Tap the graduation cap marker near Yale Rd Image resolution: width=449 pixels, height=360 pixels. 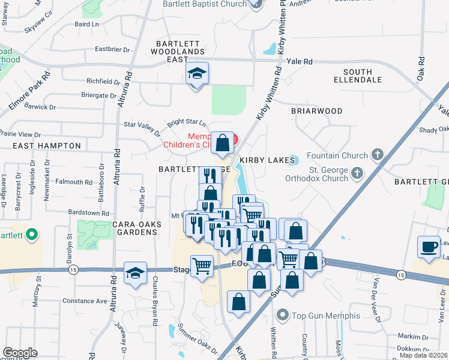click(197, 74)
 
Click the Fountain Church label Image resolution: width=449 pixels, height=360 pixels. click(342, 155)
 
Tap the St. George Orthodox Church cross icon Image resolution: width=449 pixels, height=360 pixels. click(357, 173)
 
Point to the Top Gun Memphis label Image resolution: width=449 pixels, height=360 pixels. click(325, 316)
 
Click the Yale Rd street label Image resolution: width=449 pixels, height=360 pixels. click(300, 61)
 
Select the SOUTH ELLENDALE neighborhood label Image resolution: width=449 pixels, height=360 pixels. click(358, 76)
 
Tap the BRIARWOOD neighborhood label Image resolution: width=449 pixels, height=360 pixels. click(316, 111)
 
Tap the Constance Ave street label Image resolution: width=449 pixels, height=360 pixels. click(85, 301)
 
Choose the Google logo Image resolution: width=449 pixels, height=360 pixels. click(20, 353)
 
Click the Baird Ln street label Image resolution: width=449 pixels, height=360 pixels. click(86, 25)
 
